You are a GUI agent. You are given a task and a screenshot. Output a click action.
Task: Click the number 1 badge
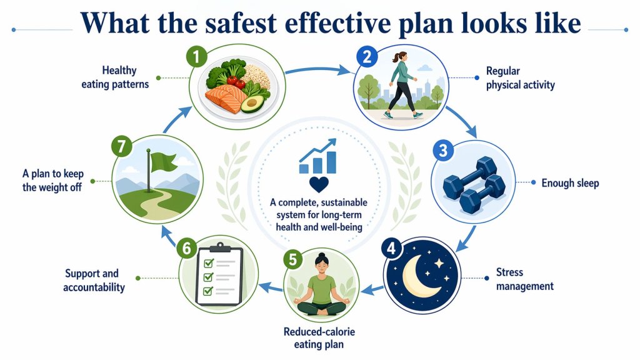click(196, 57)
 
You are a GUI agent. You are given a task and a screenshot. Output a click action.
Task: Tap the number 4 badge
click(391, 247)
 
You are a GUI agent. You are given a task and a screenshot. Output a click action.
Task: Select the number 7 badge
click(120, 147)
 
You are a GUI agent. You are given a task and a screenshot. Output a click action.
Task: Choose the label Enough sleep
click(570, 183)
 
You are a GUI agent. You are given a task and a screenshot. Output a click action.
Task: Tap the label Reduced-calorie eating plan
click(320, 337)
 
